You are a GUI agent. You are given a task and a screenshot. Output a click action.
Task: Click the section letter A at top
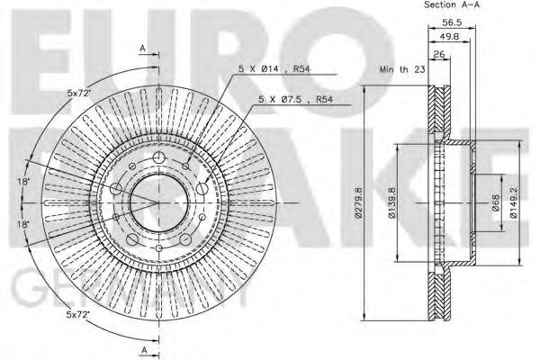click(x=142, y=47)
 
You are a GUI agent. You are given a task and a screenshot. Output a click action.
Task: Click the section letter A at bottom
click(x=142, y=347)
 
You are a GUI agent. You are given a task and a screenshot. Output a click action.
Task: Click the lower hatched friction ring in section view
click(x=440, y=288)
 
